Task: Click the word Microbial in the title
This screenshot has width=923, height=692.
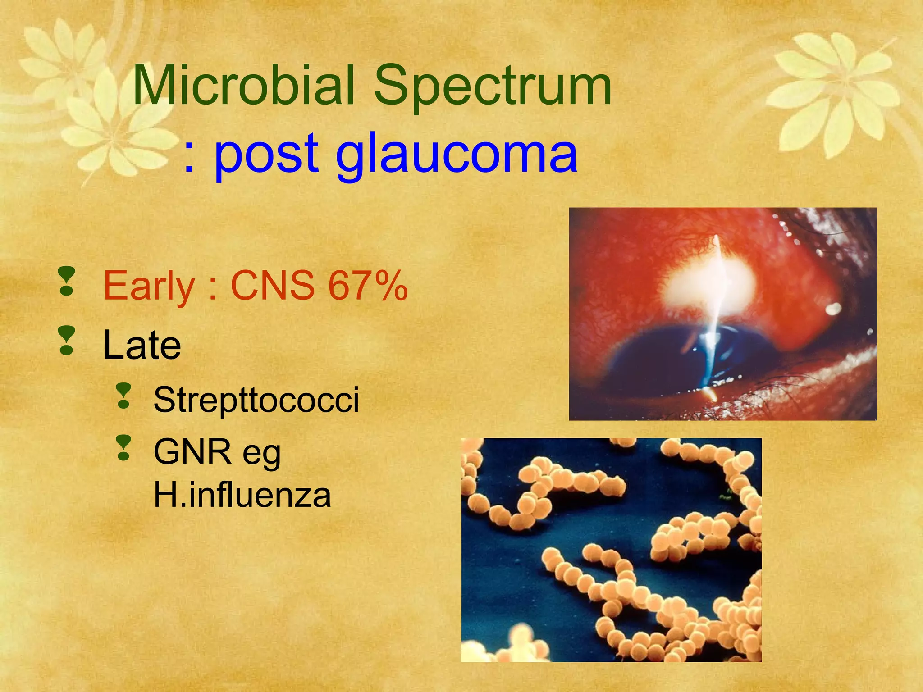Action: click(243, 86)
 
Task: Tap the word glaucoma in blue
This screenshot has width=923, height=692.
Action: click(456, 155)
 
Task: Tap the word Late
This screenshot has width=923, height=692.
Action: click(142, 345)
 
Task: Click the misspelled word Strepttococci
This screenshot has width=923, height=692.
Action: click(256, 400)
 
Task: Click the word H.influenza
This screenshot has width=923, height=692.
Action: click(242, 495)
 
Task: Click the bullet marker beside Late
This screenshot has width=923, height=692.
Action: click(67, 341)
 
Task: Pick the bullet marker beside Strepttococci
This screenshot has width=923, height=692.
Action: click(123, 396)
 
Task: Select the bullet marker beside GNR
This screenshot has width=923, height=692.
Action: click(123, 448)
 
